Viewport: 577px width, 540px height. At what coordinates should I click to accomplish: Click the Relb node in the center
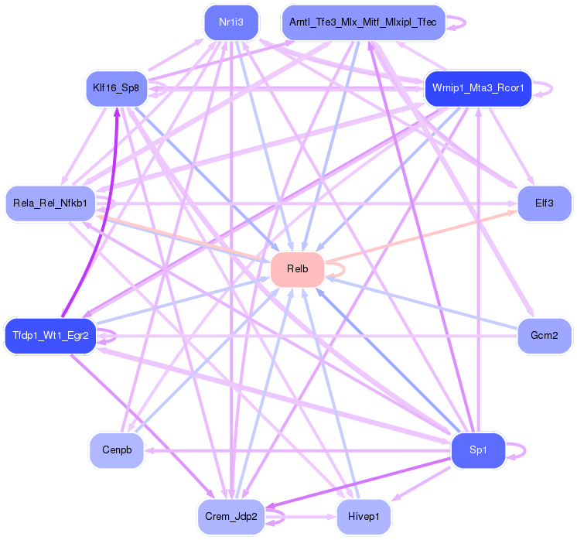click(x=297, y=269)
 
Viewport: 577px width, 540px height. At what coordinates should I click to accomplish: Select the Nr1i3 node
click(x=231, y=22)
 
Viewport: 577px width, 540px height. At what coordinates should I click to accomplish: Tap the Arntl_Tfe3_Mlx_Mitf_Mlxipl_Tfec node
click(x=363, y=22)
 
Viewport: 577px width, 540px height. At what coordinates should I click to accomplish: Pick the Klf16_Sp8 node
click(x=115, y=88)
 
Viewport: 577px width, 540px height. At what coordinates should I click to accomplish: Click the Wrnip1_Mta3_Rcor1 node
click(x=478, y=88)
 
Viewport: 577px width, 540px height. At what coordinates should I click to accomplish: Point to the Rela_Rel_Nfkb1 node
click(x=50, y=203)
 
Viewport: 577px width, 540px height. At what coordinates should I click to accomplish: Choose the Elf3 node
click(x=545, y=203)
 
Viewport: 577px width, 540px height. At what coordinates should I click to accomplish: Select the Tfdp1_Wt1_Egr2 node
click(x=50, y=336)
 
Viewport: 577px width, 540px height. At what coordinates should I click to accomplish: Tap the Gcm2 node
click(x=545, y=336)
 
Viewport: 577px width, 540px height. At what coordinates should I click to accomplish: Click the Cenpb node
click(x=116, y=450)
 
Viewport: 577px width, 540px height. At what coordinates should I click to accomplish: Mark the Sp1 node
click(x=478, y=450)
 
